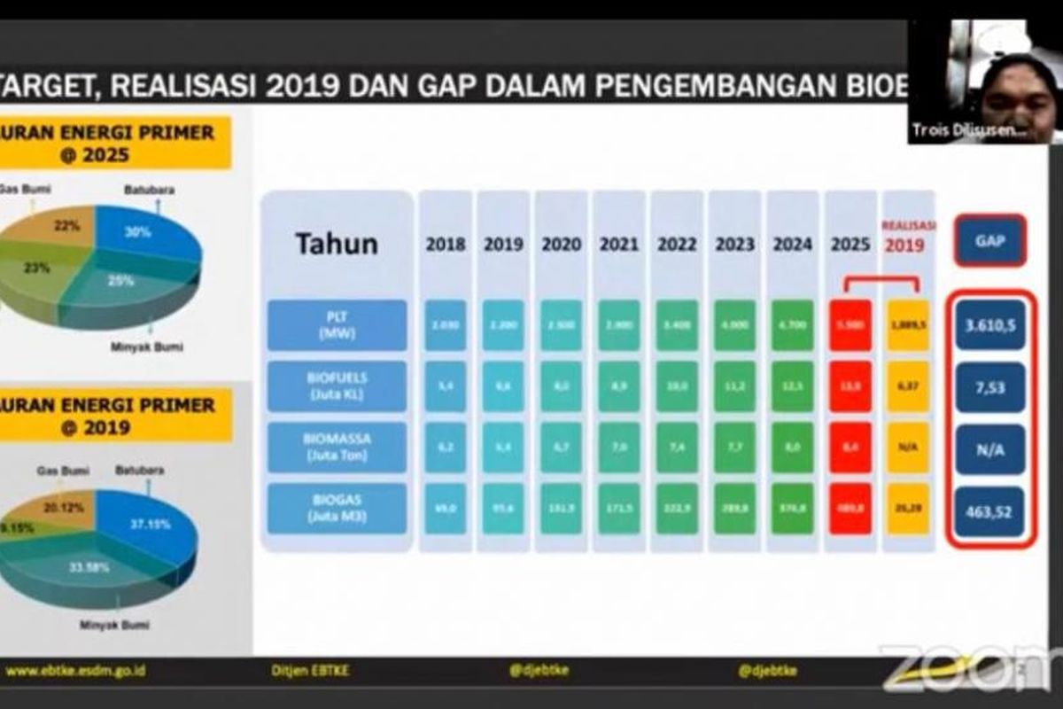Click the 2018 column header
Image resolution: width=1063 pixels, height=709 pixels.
tap(445, 245)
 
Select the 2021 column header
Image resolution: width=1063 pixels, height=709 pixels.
tap(618, 245)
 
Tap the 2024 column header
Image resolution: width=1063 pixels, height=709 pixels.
tap(792, 245)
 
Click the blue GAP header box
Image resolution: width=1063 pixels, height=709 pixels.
tap(989, 240)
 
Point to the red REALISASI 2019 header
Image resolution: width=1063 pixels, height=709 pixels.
tap(908, 238)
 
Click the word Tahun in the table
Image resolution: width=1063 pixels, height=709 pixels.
tap(337, 244)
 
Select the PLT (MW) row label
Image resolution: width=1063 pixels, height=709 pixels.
tap(338, 325)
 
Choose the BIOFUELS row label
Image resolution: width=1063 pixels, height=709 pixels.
tap(338, 386)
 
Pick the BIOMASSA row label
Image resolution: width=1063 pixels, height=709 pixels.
tap(338, 447)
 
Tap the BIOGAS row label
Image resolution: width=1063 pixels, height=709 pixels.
tap(338, 508)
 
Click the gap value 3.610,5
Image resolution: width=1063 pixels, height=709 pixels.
tap(990, 325)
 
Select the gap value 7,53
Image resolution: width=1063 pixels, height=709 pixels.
tap(990, 386)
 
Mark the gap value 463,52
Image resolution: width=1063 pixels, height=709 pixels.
tap(990, 511)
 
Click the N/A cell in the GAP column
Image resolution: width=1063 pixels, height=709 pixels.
tap(990, 449)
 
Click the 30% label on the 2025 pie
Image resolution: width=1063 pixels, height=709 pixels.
tap(137, 232)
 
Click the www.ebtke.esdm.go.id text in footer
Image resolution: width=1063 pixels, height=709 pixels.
tap(75, 671)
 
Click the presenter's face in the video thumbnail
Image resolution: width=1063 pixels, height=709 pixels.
tap(1019, 93)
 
